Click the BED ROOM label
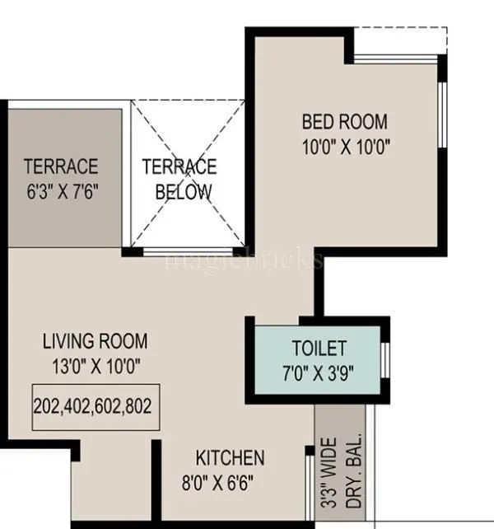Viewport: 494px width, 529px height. [344, 122]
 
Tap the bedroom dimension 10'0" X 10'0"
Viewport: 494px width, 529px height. [344, 147]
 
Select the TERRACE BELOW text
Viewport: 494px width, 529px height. [179, 179]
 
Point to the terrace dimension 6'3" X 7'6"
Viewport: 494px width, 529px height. [61, 193]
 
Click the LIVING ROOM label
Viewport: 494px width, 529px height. [96, 340]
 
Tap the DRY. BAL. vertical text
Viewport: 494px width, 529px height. [348, 478]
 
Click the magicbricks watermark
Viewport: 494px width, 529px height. [245, 260]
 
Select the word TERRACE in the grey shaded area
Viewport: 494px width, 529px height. [61, 166]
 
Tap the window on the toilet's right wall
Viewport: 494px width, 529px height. [384, 359]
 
